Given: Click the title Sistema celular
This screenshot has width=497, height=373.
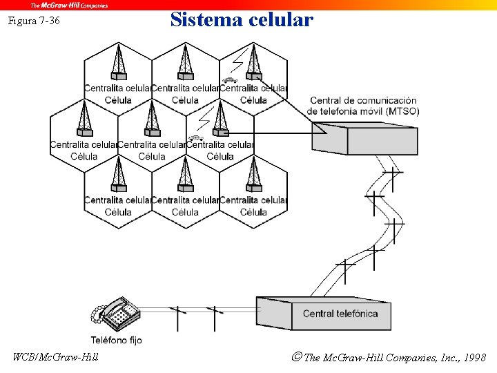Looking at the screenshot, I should click(x=242, y=19).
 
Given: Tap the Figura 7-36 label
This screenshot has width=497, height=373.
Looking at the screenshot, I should click(x=34, y=21).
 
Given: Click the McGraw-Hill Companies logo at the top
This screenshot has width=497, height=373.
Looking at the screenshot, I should click(x=69, y=5).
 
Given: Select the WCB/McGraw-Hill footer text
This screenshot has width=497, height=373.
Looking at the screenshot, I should click(x=56, y=357).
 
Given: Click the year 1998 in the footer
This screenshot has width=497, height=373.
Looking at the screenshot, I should click(x=474, y=357).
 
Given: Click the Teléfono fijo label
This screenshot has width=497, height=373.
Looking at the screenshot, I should click(x=116, y=340).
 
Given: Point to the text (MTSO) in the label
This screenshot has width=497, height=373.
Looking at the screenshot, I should click(x=402, y=111).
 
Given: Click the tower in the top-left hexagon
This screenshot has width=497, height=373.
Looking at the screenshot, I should click(x=118, y=61).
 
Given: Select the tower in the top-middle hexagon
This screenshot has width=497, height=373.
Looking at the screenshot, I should click(x=185, y=61).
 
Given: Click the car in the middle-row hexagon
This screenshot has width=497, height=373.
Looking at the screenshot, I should click(x=196, y=137).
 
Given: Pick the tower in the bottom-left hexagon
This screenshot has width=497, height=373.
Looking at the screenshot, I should click(x=118, y=174).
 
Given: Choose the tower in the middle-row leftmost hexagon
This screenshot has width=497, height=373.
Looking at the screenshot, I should click(x=84, y=118).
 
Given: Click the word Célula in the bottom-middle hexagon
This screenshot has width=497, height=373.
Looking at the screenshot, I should click(x=185, y=212).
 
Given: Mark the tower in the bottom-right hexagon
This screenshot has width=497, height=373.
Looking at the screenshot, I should click(x=254, y=174).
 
